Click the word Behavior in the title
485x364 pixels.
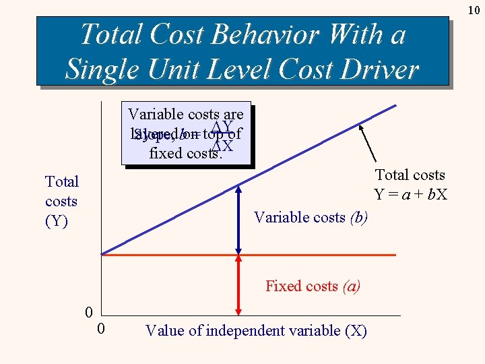(x=255, y=34)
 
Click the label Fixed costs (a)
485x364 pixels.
(x=313, y=286)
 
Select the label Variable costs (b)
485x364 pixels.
(x=310, y=217)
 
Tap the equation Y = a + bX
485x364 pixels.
(x=410, y=195)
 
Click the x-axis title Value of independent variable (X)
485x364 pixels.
(x=256, y=330)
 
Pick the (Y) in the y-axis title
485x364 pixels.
(x=57, y=221)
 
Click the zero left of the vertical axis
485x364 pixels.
(x=88, y=312)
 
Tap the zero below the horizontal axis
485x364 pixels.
(x=100, y=329)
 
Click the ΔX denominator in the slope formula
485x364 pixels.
(x=222, y=146)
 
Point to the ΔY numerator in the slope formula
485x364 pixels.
(x=222, y=127)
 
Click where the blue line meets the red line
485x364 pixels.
(x=103, y=254)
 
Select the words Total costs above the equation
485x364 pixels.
(x=410, y=175)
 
